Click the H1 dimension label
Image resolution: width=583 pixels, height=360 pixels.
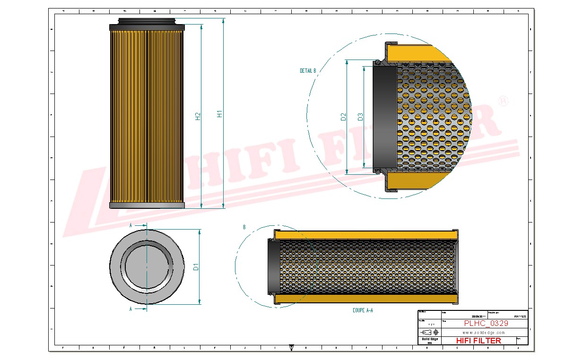219,114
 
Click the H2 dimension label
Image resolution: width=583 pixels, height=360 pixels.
198,116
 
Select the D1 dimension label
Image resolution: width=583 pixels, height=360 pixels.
196,267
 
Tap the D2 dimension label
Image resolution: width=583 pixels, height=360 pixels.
344,117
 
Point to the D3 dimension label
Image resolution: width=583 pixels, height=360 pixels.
360,117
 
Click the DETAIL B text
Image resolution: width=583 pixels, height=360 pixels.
307,71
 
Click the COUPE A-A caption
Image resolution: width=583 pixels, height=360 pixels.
363,310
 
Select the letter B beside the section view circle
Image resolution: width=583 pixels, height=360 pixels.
244,227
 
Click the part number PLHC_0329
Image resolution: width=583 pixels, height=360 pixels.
486,324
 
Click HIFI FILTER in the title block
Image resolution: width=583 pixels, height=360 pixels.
478,341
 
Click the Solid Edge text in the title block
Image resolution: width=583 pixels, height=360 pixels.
429,339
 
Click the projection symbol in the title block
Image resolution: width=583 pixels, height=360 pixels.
429,333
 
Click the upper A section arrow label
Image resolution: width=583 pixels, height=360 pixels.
131,226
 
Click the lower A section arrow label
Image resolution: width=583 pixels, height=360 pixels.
131,309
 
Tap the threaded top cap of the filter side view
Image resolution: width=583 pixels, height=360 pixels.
147,21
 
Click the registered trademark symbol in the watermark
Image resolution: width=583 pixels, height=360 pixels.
504,101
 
